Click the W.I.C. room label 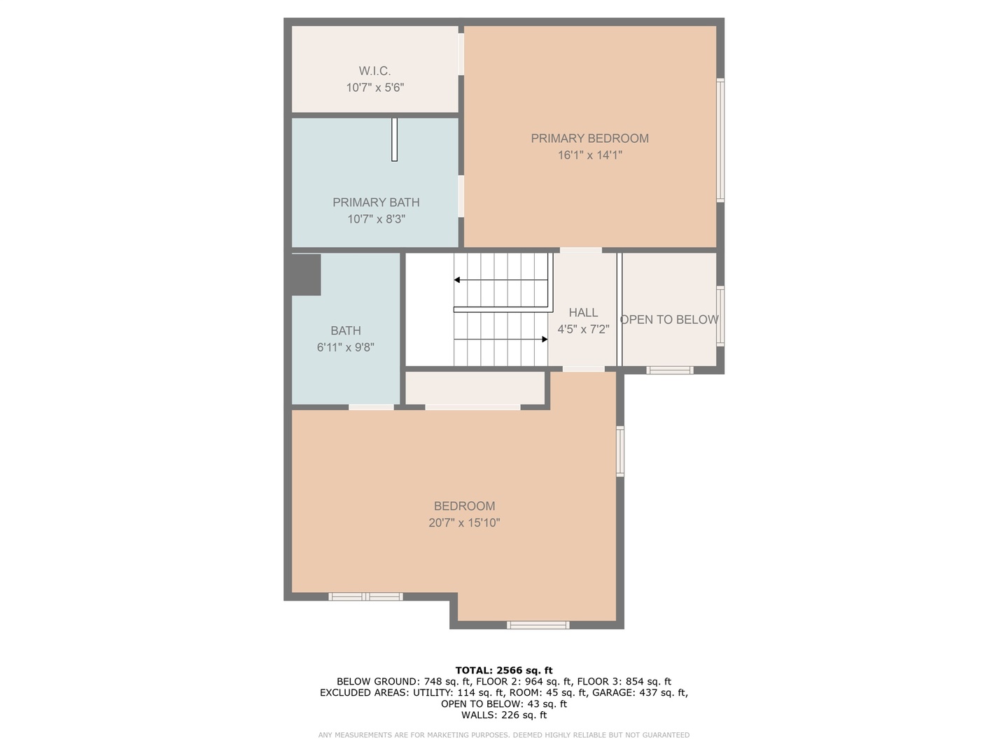tap(374, 71)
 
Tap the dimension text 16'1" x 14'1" tap(589, 155)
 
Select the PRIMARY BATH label tap(376, 202)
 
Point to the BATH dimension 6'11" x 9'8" tap(346, 347)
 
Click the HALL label tap(583, 313)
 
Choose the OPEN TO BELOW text tap(669, 320)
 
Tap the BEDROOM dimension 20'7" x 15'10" tap(464, 523)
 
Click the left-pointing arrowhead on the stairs tap(457, 280)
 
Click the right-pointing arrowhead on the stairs tap(545, 339)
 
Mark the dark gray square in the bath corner tap(306, 274)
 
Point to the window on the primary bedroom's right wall tap(720, 140)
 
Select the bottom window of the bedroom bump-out tap(538, 624)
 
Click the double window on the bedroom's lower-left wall tap(365, 596)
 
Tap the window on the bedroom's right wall tap(620, 451)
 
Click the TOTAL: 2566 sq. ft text tap(504, 671)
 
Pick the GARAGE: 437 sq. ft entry tap(640, 693)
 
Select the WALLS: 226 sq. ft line tap(504, 715)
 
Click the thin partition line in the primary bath tap(394, 139)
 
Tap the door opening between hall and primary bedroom tap(580, 250)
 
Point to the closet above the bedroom tap(475, 388)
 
